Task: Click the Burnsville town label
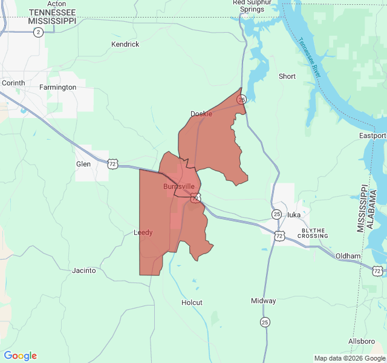[x=179, y=186]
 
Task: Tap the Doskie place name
[x=201, y=114]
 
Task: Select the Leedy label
[x=143, y=232]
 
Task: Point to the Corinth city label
[x=13, y=83]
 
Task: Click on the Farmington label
[x=58, y=87]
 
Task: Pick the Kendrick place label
[x=125, y=44]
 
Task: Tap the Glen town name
[x=83, y=164]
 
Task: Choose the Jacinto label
[x=83, y=270]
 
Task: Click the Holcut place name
[x=192, y=302]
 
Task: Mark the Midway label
[x=263, y=301]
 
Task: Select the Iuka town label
[x=294, y=214]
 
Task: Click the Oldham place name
[x=348, y=256]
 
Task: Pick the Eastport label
[x=372, y=135]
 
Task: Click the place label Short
[x=287, y=76]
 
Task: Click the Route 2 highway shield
[x=38, y=32]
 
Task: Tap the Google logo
[x=20, y=356]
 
